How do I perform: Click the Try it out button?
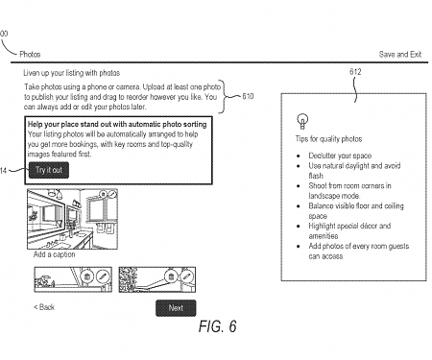pyautogui.click(x=48, y=170)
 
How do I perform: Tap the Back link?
pyautogui.click(x=44, y=307)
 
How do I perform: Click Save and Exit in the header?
pyautogui.click(x=400, y=55)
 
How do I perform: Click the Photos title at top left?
pyautogui.click(x=31, y=55)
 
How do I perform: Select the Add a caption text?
pyautogui.click(x=55, y=254)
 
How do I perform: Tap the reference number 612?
pyautogui.click(x=355, y=73)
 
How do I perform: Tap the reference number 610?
pyautogui.click(x=248, y=97)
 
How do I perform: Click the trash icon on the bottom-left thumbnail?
pyautogui.click(x=87, y=276)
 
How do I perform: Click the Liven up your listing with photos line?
pyautogui.click(x=72, y=73)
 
